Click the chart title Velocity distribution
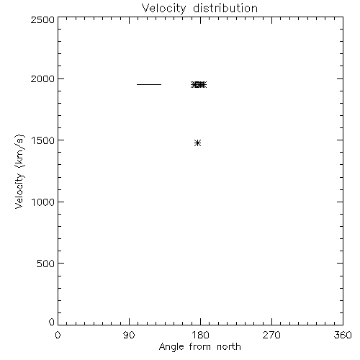point(199,8)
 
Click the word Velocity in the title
point(163,9)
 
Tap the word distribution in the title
point(225,8)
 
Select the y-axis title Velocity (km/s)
point(19,171)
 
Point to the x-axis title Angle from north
point(200,347)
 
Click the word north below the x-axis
point(229,346)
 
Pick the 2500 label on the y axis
point(42,19)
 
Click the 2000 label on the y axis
point(42,78)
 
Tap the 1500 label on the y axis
point(43,140)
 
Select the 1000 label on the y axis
point(43,202)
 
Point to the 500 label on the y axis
point(46,264)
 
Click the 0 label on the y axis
point(52,322)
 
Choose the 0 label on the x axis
point(58,335)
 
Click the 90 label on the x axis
point(129,335)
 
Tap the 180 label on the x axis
point(200,335)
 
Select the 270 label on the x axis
point(271,335)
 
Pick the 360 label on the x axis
point(343,335)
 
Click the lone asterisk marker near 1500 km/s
point(197,143)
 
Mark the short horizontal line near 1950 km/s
point(149,84)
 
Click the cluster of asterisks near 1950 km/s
point(199,84)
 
